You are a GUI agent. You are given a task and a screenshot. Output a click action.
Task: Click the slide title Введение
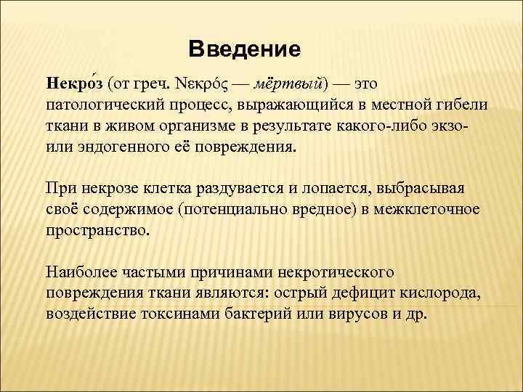(x=243, y=49)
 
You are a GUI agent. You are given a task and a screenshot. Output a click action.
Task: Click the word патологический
(x=98, y=105)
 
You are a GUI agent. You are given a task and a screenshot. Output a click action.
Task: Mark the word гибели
(x=462, y=105)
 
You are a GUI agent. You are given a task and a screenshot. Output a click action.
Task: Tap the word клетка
(x=171, y=189)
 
